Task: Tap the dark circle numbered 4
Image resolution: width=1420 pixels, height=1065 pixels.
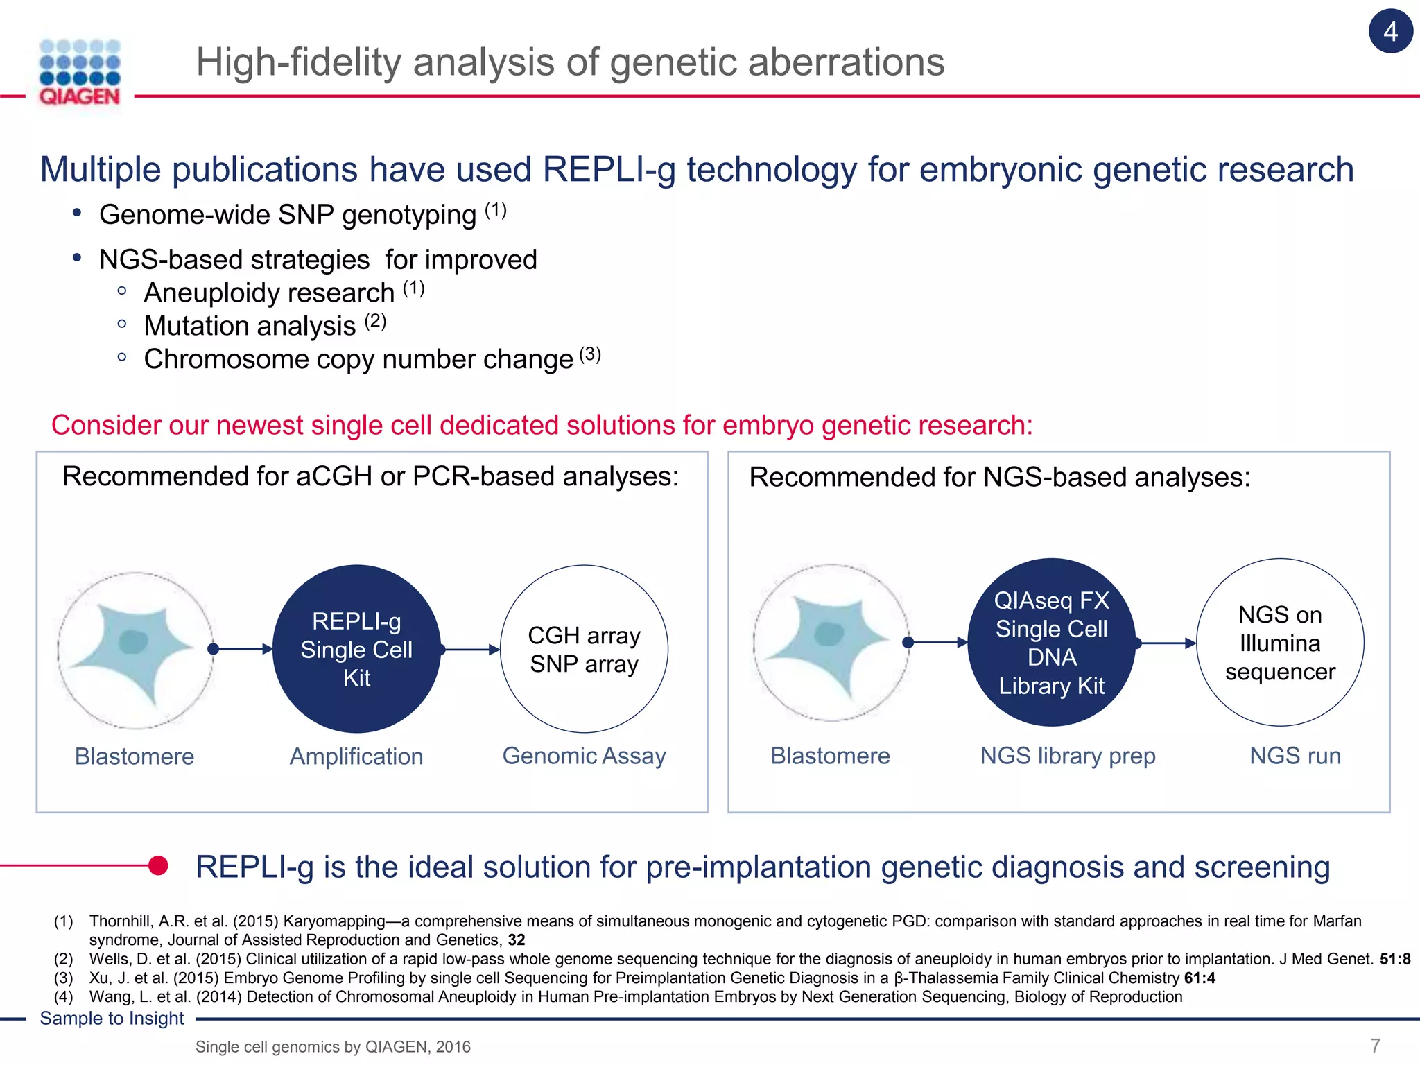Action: point(1390,31)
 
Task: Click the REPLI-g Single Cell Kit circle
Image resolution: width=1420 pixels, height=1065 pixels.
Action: point(356,649)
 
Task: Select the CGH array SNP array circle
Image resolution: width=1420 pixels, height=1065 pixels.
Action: point(584,649)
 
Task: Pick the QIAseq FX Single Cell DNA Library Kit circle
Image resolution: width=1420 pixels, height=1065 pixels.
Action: point(1051,643)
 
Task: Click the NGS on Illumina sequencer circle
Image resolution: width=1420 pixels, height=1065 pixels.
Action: point(1280,643)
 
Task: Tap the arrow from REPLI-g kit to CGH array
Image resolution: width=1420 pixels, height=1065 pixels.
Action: point(471,650)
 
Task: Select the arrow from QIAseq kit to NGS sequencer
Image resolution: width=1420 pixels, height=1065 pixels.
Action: point(1167,643)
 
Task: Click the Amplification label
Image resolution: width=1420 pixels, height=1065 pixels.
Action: point(356,756)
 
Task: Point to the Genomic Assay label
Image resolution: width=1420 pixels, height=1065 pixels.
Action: point(584,756)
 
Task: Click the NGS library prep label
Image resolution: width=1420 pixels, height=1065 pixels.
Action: point(1067,756)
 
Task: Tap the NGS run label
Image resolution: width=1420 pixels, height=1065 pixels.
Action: point(1295,756)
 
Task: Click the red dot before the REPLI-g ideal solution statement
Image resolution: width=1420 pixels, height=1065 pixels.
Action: point(158,865)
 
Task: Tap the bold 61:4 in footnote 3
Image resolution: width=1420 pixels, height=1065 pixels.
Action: point(1200,978)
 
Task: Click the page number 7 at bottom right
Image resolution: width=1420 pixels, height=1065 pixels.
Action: point(1376,1045)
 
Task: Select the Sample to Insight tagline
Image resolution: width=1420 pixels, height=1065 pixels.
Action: point(112,1019)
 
